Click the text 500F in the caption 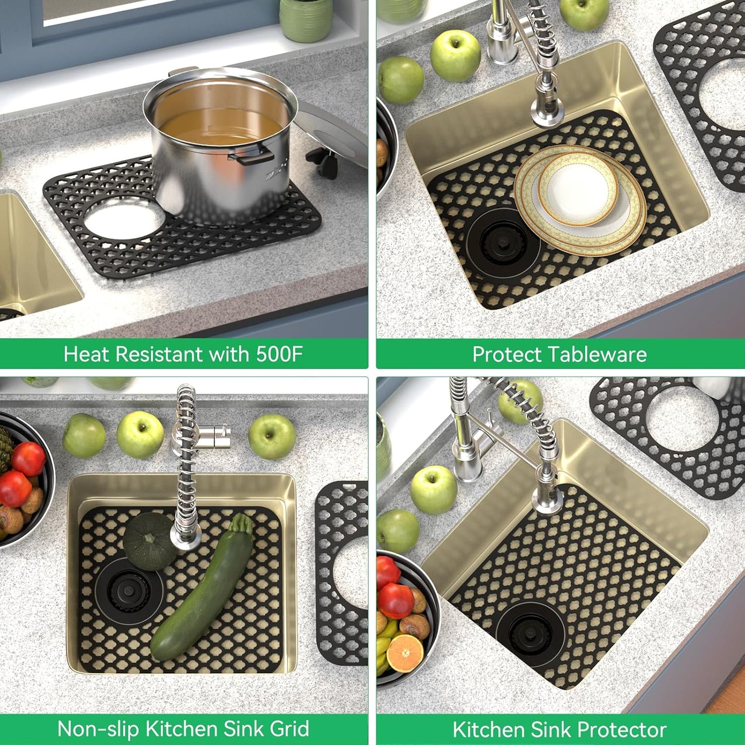point(279,354)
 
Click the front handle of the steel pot point(253,155)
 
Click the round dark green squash point(149,541)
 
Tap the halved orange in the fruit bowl point(405,653)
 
